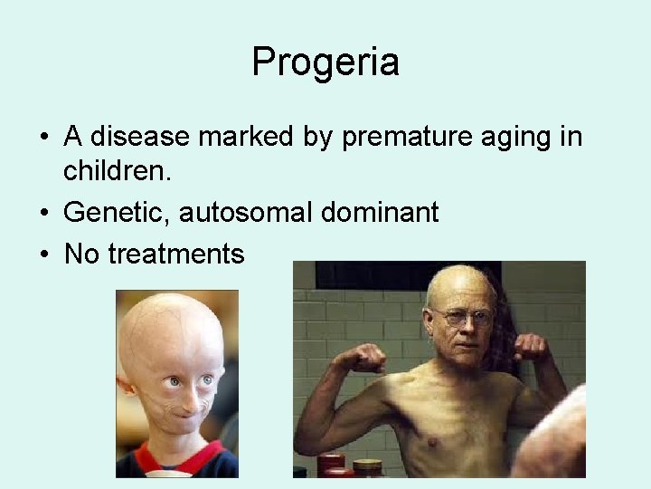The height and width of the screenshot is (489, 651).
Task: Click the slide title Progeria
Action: coord(325,62)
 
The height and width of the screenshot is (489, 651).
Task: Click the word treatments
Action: coord(175,254)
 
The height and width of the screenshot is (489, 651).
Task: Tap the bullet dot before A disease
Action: coord(43,139)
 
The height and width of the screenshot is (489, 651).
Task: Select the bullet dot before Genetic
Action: coord(43,214)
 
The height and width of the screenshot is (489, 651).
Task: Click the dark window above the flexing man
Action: coord(407,275)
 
